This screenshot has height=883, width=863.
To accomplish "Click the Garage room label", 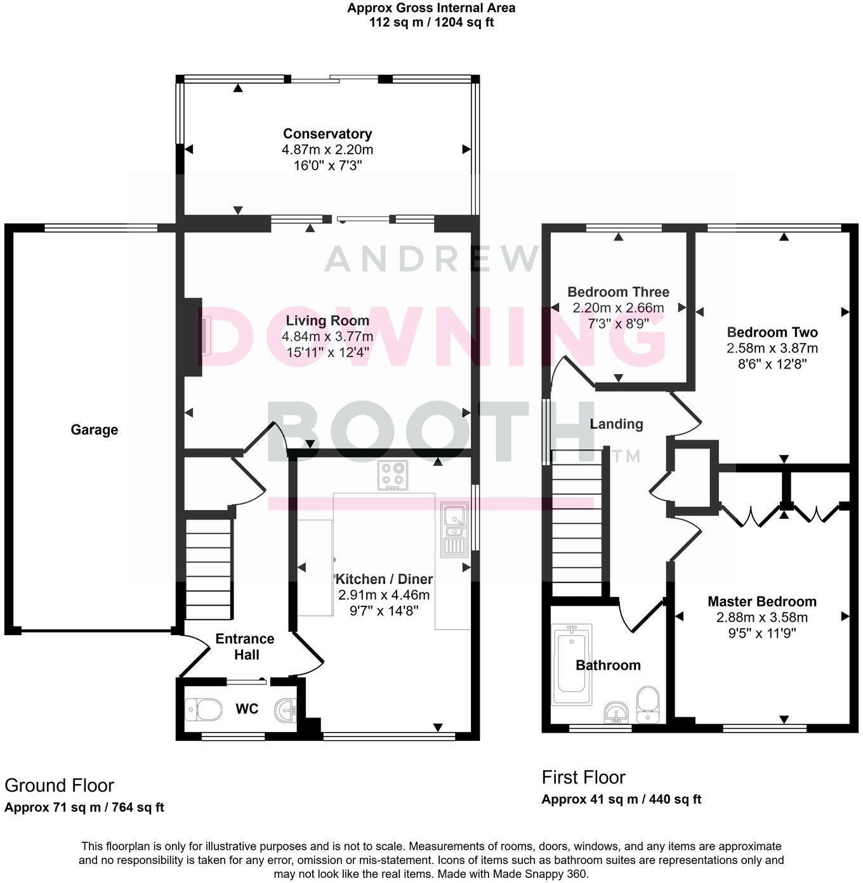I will tap(94, 430).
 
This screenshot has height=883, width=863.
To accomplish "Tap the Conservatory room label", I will tap(327, 134).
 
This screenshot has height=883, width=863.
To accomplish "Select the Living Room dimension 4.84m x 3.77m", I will tap(327, 336).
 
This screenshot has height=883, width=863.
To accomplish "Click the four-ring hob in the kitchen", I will tap(392, 476).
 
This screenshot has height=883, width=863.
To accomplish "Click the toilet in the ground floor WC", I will tap(203, 709).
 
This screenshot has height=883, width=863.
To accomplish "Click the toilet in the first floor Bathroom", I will tap(648, 705).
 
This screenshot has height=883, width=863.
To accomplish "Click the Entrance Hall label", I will tap(245, 646).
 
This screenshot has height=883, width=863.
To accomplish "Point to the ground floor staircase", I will tap(208, 570).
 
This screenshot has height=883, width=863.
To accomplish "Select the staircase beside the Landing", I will tap(577, 523).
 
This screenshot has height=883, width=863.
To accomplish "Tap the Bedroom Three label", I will tap(618, 292).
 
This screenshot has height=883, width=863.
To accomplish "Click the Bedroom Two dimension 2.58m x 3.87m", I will tap(772, 348).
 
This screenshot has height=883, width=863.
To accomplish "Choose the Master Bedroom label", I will tap(762, 601).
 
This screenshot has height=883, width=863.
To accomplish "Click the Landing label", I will tap(616, 424).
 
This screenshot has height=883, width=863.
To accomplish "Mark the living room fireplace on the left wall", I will tap(194, 337).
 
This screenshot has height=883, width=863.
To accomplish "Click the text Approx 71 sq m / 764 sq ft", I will tap(84, 808).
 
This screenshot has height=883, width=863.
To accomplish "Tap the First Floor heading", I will tap(583, 777).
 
